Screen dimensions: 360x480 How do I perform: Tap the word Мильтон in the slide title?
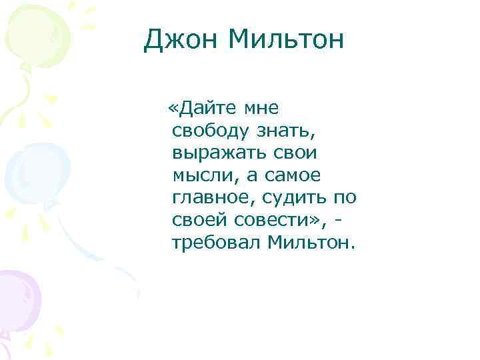(x=287, y=41)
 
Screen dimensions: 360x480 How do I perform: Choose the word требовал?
(x=215, y=243)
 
